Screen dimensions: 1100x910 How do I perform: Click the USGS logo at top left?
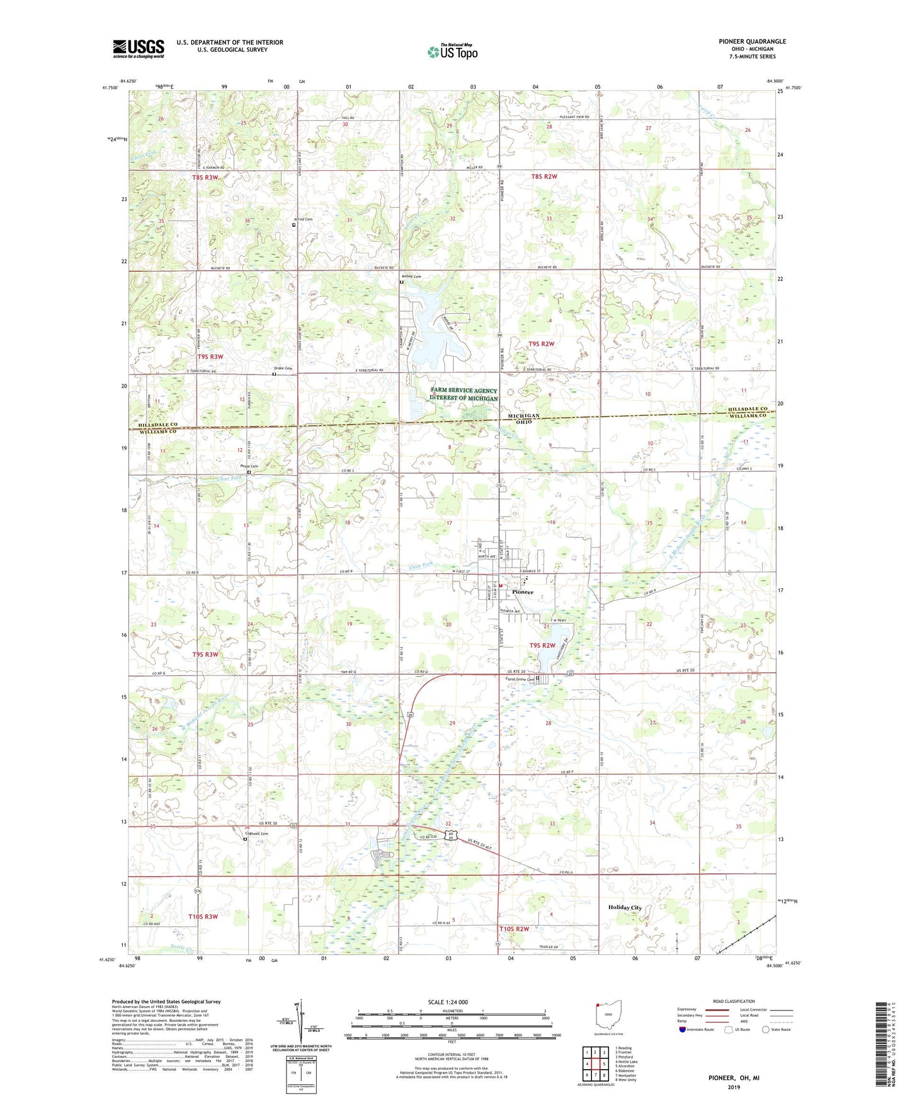point(139,49)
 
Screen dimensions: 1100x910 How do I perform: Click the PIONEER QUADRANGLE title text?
point(752,42)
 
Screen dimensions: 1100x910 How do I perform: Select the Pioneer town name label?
point(522,592)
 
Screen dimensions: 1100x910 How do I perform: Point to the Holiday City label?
point(625,907)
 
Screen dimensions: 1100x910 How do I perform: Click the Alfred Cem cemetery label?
point(304,219)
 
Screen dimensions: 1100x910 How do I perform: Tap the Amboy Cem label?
point(411,277)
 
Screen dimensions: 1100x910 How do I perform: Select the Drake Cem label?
point(283,369)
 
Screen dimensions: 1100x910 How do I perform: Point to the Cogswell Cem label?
point(256,834)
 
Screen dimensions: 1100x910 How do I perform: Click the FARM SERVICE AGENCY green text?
point(464,391)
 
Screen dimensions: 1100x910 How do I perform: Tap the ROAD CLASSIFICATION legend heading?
point(734,1001)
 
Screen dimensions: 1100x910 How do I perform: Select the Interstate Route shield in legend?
point(683,1029)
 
